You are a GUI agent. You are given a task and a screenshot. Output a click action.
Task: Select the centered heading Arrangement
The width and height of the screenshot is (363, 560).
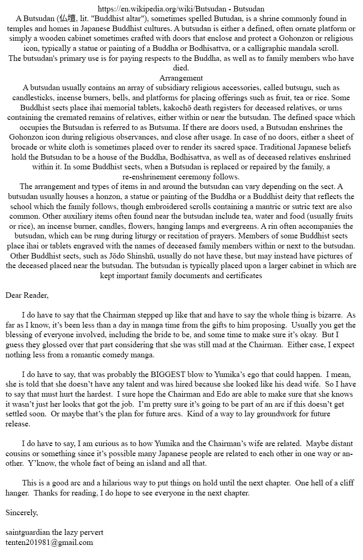181,78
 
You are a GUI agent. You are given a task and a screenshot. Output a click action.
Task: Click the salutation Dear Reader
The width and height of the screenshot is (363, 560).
27,295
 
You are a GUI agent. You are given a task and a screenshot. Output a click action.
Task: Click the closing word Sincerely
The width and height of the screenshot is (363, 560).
22,512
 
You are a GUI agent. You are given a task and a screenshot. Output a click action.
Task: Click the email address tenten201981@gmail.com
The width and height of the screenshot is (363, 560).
49,542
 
